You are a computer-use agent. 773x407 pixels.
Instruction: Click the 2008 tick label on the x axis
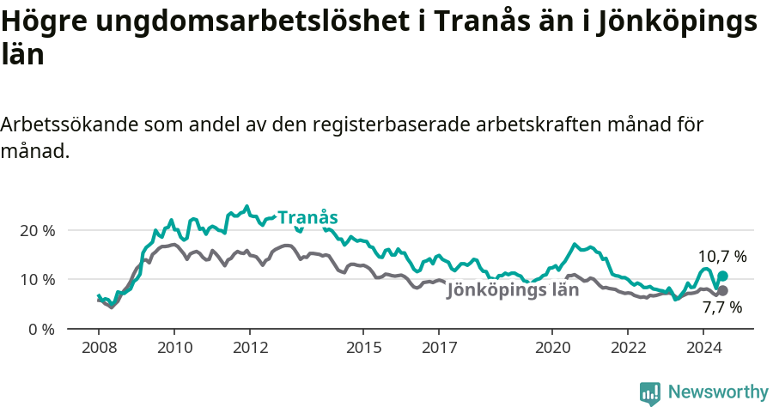[98, 348]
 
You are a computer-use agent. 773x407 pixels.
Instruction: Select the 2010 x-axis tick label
[173, 348]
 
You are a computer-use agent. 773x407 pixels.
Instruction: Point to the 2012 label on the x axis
[249, 348]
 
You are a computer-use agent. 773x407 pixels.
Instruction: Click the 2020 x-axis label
[551, 348]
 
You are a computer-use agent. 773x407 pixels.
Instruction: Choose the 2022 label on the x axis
[627, 348]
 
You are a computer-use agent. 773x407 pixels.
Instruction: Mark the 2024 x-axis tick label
[703, 348]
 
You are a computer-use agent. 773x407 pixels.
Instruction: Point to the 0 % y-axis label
[41, 329]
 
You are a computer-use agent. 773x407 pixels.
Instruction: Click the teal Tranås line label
[307, 218]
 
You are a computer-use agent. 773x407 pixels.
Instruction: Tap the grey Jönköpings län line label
[513, 290]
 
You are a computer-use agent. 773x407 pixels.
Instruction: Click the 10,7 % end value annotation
[721, 256]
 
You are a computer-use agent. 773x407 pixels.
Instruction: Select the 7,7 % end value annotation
[721, 307]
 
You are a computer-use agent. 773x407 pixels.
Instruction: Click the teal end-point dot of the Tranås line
[722, 276]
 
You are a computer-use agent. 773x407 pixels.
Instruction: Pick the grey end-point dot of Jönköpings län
[722, 290]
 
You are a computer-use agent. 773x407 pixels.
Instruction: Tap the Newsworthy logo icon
[650, 393]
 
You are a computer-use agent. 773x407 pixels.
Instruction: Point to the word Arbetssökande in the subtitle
[65, 125]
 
